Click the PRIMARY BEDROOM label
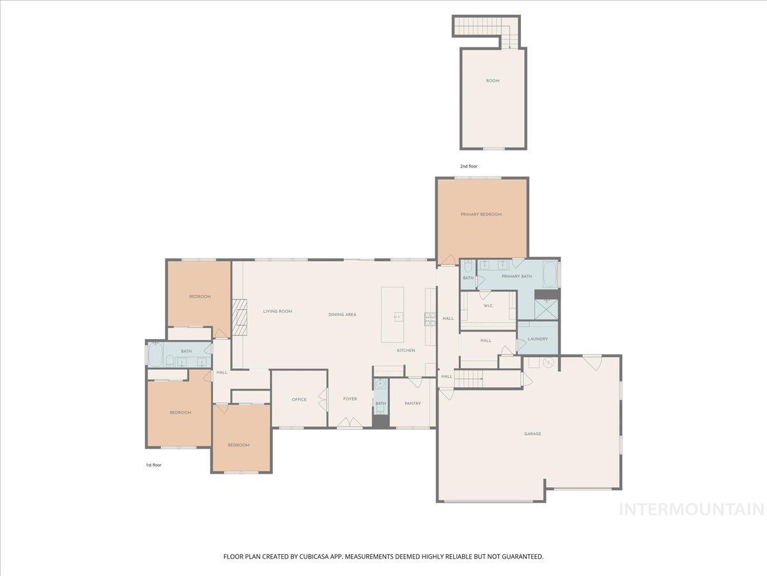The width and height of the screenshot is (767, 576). [481, 214]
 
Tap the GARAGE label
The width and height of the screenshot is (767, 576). [532, 434]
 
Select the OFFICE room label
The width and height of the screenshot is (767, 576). [299, 399]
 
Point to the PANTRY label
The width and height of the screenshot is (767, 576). [412, 403]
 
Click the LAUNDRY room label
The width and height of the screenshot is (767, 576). [538, 339]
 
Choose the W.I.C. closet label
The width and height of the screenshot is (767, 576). [488, 305]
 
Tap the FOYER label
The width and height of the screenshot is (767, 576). [350, 399]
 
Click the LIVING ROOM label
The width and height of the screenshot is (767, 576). [277, 312]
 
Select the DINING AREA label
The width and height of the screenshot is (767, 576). [342, 315]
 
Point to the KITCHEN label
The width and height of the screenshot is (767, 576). [406, 350]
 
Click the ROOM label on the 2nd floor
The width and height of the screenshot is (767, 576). [493, 81]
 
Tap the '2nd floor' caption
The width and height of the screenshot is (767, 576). [469, 166]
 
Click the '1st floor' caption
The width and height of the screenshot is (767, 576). [153, 465]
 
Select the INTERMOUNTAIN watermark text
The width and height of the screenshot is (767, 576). [692, 509]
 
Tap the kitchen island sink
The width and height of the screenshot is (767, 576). [398, 316]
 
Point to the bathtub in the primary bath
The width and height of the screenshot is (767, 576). [550, 275]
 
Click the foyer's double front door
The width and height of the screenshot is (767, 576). [349, 423]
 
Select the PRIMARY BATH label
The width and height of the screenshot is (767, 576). [516, 276]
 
